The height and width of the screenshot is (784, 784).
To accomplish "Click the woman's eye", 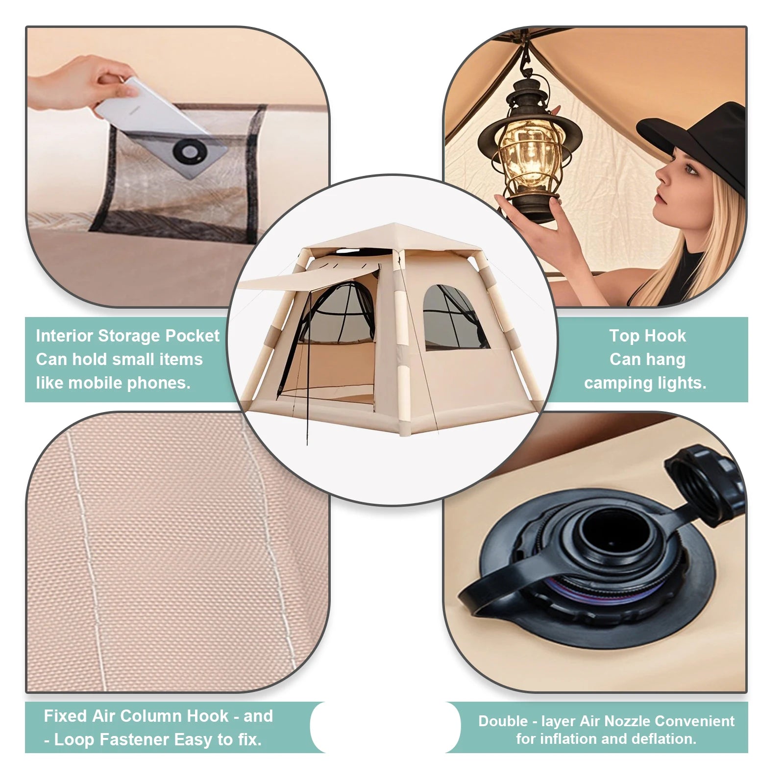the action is (689, 170).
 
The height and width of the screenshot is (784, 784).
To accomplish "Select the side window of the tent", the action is (454, 318).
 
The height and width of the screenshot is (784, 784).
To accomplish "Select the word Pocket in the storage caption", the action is (192, 336).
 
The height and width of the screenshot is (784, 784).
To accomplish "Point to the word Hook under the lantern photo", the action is (668, 336).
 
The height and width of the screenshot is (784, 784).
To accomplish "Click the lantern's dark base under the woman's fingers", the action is (532, 209).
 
